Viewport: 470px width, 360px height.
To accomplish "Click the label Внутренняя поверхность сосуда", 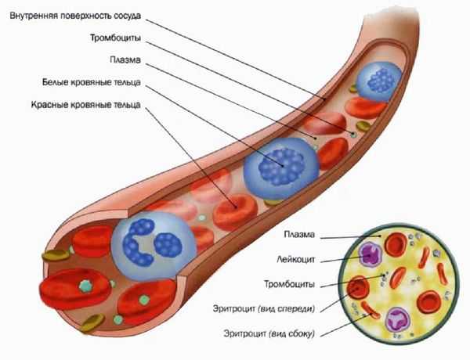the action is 75,16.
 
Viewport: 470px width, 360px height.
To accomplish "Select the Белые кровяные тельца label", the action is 91,82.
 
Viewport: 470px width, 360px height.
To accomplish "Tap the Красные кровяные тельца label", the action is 85,105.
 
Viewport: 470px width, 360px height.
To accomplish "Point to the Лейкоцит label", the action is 296,259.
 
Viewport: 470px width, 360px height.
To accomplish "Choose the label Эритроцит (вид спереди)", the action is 264,308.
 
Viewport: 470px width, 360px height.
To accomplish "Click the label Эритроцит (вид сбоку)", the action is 269,333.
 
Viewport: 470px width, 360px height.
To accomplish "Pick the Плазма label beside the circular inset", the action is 299,234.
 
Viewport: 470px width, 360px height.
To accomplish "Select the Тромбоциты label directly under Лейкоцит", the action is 290,284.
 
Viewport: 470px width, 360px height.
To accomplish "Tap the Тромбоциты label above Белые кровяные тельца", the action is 115,38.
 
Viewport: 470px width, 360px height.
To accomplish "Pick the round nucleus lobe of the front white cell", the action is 168,245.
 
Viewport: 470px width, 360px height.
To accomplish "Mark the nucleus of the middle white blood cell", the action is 282,167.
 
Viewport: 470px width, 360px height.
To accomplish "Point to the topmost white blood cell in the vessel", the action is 379,81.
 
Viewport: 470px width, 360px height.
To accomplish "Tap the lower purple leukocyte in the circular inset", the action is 397,320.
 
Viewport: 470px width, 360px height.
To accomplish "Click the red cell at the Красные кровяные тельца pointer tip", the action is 235,212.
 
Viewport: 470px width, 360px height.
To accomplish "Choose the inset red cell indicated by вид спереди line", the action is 358,287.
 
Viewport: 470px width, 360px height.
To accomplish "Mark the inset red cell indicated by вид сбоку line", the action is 371,310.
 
